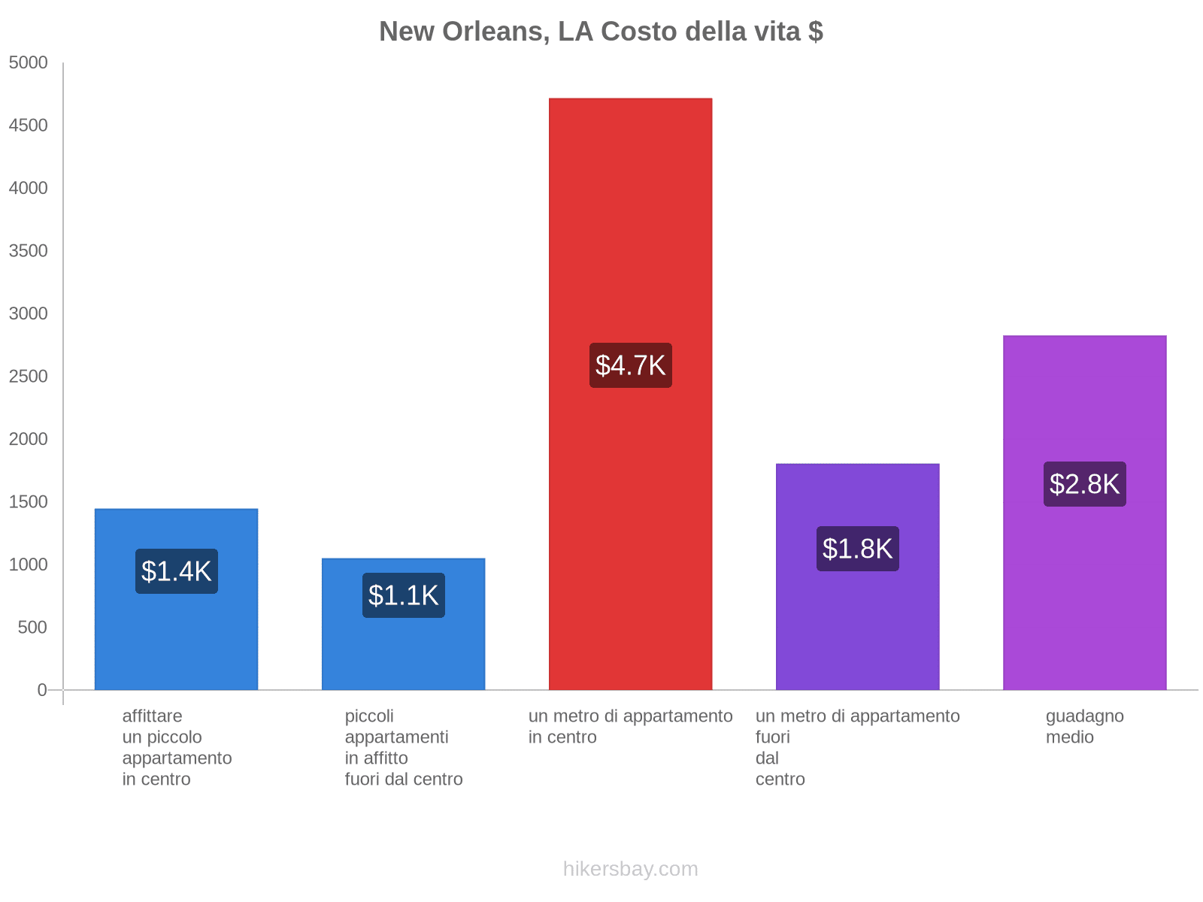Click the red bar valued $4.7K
point(630,225)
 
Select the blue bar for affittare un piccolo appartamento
point(176,639)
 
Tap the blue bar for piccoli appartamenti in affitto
point(403,654)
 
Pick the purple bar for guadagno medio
point(1084,586)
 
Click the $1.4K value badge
point(177,571)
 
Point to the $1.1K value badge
point(404,595)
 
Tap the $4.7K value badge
point(631,365)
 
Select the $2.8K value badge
point(1085,484)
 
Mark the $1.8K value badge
point(858,549)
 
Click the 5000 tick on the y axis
point(29,63)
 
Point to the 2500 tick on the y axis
point(29,377)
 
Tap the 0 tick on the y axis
point(42,690)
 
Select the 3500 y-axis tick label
point(29,251)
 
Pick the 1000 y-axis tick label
point(29,565)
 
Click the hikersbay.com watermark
point(630,869)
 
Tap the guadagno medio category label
point(1084,726)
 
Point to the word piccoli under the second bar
point(369,716)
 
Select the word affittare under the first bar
point(152,716)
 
